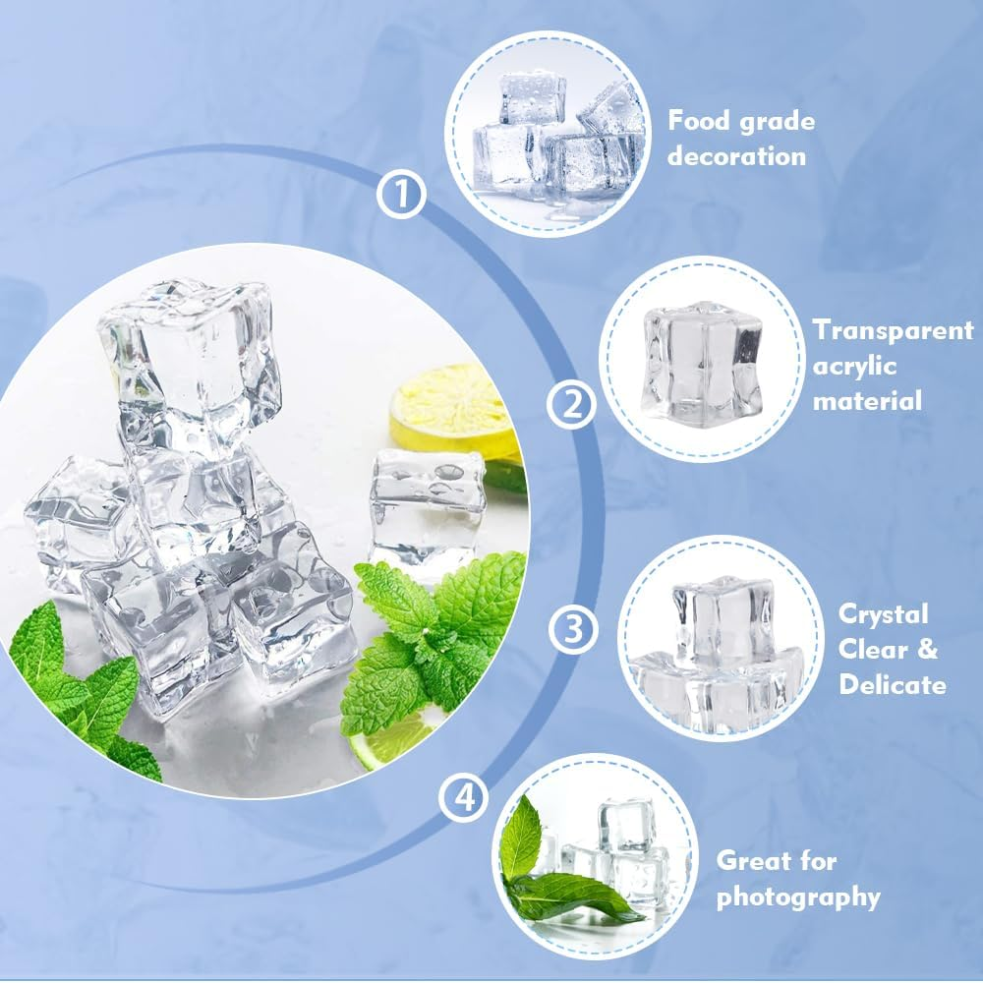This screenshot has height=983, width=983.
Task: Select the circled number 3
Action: [574, 629]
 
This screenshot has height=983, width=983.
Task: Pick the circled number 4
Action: [463, 798]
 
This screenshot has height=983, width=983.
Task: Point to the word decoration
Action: [736, 155]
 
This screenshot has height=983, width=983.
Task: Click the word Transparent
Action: [894, 329]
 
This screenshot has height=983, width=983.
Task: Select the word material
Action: [867, 401]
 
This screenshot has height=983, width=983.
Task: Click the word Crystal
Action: [883, 615]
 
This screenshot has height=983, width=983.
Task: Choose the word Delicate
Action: [893, 683]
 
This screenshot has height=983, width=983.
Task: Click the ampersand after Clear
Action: [927, 649]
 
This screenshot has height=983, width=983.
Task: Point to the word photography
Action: [798, 897]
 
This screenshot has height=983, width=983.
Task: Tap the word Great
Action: [750, 860]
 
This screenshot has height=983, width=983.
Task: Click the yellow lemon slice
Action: [452, 410]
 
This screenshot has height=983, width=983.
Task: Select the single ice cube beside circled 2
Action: [703, 363]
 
